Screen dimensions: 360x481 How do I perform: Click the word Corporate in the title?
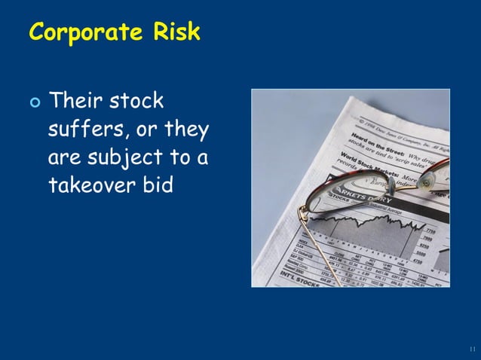(x=84, y=34)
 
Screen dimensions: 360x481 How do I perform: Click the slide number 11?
(x=471, y=349)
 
